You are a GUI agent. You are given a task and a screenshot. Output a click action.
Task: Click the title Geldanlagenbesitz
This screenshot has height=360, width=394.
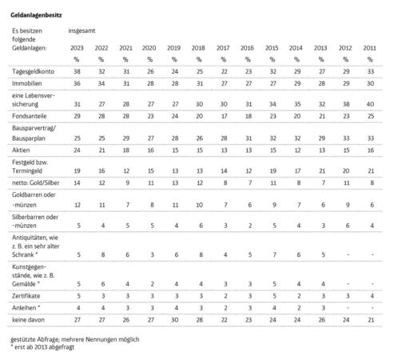pyautogui.click(x=36, y=15)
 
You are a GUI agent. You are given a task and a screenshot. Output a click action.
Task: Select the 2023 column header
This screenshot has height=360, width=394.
pyautogui.click(x=77, y=48)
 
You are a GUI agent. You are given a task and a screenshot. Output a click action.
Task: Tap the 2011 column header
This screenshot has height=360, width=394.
pyautogui.click(x=370, y=48)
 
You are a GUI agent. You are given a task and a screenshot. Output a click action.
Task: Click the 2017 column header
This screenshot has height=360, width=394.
pyautogui.click(x=223, y=48)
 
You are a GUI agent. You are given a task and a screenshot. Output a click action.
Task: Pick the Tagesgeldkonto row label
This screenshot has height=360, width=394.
pyautogui.click(x=33, y=71)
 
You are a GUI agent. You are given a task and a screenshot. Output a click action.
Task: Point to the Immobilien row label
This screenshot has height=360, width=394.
pyautogui.click(x=27, y=83)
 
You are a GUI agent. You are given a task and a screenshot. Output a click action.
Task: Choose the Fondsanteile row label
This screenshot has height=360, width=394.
pyautogui.click(x=30, y=116)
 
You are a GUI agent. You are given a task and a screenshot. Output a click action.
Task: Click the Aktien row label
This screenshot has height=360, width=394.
pyautogui.click(x=21, y=150)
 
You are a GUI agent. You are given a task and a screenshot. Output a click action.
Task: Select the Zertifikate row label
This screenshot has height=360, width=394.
pyautogui.click(x=26, y=296)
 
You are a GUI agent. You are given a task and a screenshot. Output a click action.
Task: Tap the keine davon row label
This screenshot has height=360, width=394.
pyautogui.click(x=28, y=320)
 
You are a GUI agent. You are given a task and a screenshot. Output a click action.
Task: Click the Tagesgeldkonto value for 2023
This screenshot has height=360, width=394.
pyautogui.click(x=77, y=71)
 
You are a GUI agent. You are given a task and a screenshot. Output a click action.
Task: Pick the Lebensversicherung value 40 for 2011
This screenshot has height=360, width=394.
pyautogui.click(x=370, y=104)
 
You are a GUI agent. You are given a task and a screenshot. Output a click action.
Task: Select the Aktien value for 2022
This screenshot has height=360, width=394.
pyautogui.click(x=101, y=150)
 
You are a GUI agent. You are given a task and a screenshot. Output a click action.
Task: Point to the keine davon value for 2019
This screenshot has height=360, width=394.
pyautogui.click(x=175, y=320)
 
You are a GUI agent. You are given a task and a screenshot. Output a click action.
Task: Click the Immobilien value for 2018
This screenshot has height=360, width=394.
pyautogui.click(x=200, y=83)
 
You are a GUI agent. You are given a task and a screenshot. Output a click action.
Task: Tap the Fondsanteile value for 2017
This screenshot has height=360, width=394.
pyautogui.click(x=224, y=116)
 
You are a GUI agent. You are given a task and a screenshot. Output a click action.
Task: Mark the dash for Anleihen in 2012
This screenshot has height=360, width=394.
pyautogui.click(x=348, y=308)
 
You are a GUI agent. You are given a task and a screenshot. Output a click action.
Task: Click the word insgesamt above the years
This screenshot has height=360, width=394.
pyautogui.click(x=82, y=30)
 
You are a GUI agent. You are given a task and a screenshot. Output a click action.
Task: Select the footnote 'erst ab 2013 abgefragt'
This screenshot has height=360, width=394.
pyautogui.click(x=42, y=347)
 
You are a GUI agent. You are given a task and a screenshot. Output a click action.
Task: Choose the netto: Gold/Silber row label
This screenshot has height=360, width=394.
pyautogui.click(x=36, y=182)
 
